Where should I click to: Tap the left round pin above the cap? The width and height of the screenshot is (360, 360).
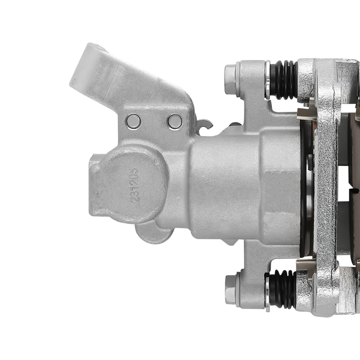pyautogui.click(x=133, y=121)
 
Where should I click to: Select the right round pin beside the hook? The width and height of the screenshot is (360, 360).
pyautogui.click(x=175, y=121)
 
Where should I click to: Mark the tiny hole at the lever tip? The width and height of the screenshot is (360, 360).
pyautogui.click(x=74, y=82)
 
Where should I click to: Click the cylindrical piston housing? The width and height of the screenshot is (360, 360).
pyautogui.click(x=230, y=184)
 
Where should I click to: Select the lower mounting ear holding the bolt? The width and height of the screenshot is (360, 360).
pyautogui.click(x=252, y=277)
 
